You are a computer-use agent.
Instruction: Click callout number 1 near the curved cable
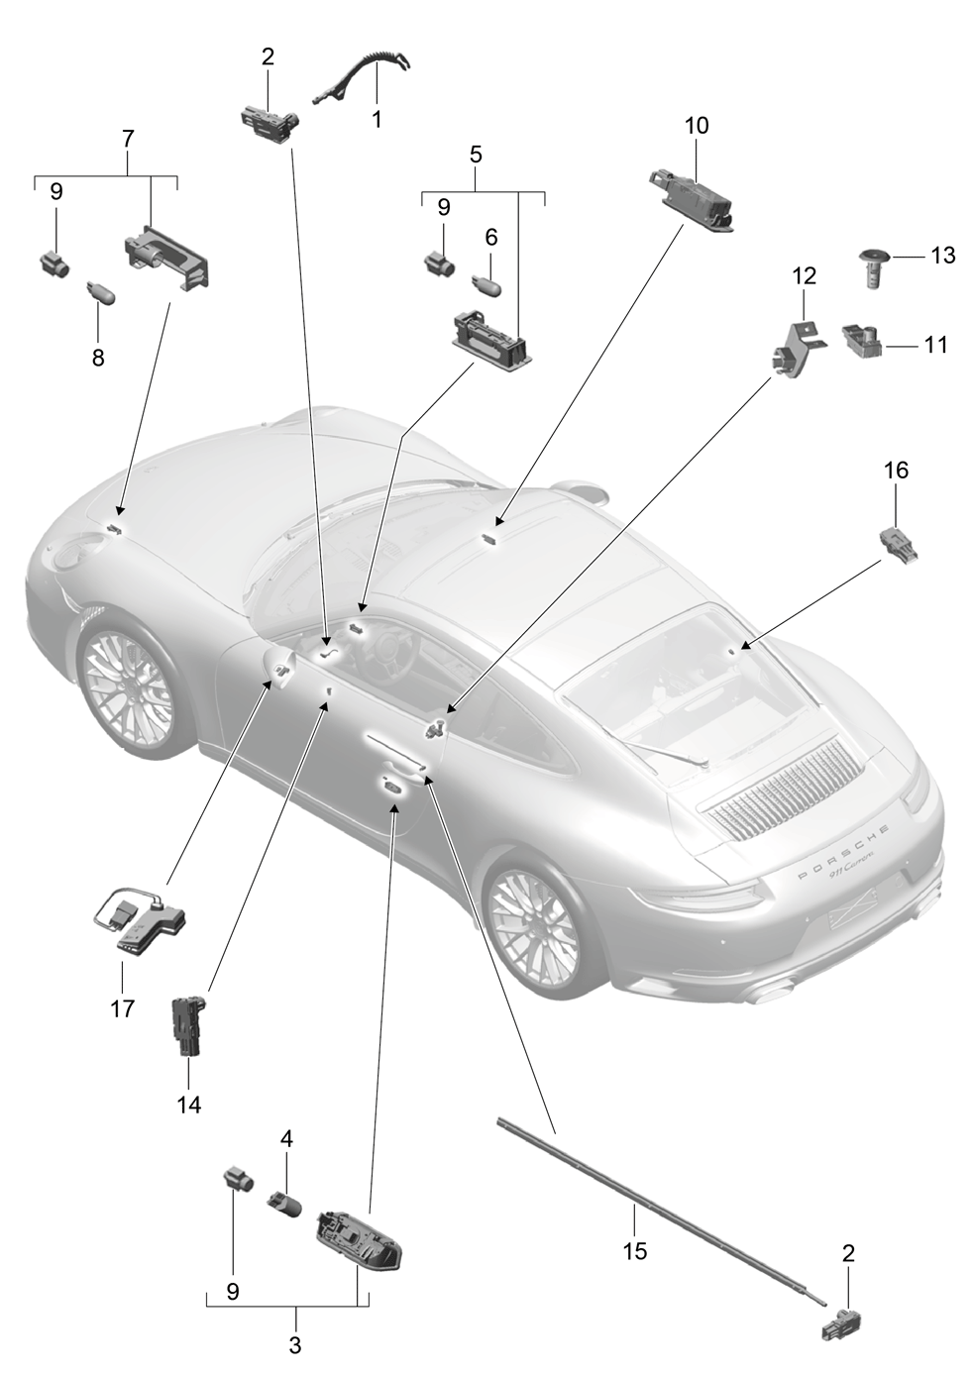(377, 119)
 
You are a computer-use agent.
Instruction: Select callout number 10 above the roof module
(697, 126)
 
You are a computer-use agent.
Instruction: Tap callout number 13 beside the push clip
(942, 256)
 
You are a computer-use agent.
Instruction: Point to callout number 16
(896, 471)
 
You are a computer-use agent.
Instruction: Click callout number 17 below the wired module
(122, 1007)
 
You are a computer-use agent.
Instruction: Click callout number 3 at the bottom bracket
(295, 1346)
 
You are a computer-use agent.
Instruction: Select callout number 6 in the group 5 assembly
(491, 238)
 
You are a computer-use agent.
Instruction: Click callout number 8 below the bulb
(98, 357)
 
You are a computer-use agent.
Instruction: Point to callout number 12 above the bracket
(804, 276)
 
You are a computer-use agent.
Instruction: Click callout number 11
(935, 345)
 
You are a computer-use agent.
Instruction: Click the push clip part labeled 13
(874, 269)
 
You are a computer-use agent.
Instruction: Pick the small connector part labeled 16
(900, 545)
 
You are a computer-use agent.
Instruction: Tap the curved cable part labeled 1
(362, 77)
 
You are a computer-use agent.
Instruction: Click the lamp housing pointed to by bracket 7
(166, 263)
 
